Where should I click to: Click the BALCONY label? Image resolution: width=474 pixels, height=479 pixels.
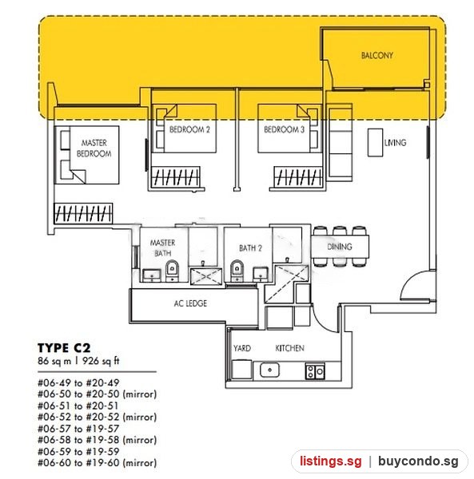coord(377,55)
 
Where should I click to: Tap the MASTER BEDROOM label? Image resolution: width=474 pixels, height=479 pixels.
coord(94,148)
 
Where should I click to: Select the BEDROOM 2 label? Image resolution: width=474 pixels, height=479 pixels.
coord(189,129)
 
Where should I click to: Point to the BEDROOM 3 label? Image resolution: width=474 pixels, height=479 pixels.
coord(284,129)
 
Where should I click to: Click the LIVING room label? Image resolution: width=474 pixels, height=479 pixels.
coord(395,143)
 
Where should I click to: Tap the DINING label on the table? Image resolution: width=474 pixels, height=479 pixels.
coord(340,247)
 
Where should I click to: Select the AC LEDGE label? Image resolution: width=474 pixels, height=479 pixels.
coord(190,303)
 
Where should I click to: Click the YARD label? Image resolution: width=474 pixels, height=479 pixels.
coord(242,348)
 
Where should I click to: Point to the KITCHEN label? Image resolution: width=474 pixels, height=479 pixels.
coord(289,348)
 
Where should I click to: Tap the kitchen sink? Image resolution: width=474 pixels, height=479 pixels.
coord(269,370)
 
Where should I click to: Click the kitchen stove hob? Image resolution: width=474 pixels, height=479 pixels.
coord(315,371)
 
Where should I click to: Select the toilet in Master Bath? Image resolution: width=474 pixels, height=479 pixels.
coord(172,271)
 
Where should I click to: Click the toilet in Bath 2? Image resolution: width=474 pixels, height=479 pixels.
coord(237,271)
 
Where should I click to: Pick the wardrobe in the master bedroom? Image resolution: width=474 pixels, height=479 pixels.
coord(83,213)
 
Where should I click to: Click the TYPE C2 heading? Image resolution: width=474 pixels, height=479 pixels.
coord(64,348)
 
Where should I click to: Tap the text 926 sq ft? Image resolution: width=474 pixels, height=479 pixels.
coord(101,361)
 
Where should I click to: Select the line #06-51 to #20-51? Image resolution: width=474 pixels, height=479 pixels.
coord(78,406)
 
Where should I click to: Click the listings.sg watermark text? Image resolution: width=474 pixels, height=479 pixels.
coord(331,461)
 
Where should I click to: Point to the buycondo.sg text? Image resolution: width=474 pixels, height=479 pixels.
coord(418,461)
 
